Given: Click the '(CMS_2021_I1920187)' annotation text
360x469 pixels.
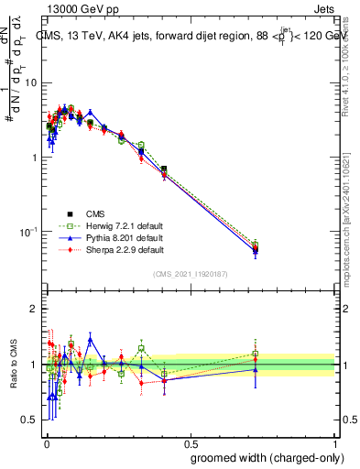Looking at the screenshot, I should pos(190,273).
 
